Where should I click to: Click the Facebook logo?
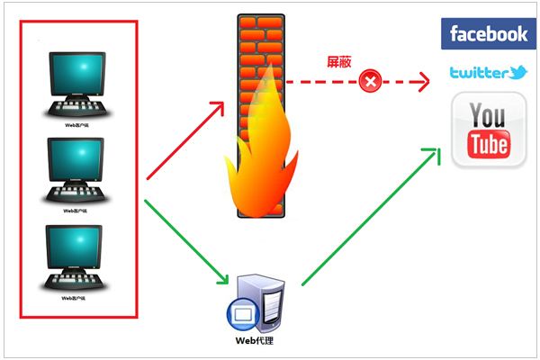coord(489,34)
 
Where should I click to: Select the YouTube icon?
coord(489,132)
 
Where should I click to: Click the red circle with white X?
coord(369,82)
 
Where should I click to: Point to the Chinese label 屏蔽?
coord(338,62)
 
